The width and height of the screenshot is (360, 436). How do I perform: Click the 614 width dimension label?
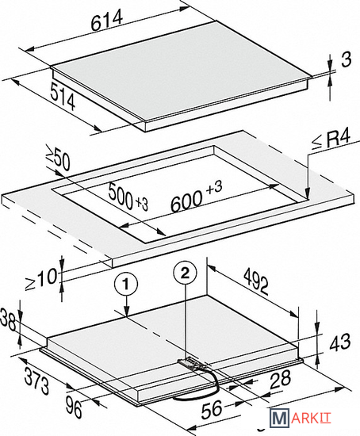107,20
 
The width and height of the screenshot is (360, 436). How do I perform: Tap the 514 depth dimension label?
63,96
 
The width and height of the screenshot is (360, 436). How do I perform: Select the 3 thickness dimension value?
346,59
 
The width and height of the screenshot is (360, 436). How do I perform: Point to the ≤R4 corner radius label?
331,139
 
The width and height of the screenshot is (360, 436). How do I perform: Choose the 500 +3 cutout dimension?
128,197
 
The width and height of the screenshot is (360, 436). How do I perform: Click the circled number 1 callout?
126,285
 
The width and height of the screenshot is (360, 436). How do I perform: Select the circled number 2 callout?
185,273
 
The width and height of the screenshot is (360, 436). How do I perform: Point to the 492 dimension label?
256,281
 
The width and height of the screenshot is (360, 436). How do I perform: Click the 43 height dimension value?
340,342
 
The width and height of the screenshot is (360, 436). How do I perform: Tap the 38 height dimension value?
7,319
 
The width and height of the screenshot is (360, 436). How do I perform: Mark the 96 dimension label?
74,407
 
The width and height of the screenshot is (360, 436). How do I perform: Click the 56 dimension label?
212,409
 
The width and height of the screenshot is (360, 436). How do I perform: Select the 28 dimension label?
280,379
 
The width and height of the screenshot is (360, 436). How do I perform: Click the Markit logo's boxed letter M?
279,418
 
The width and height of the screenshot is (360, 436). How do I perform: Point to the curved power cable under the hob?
201,388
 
